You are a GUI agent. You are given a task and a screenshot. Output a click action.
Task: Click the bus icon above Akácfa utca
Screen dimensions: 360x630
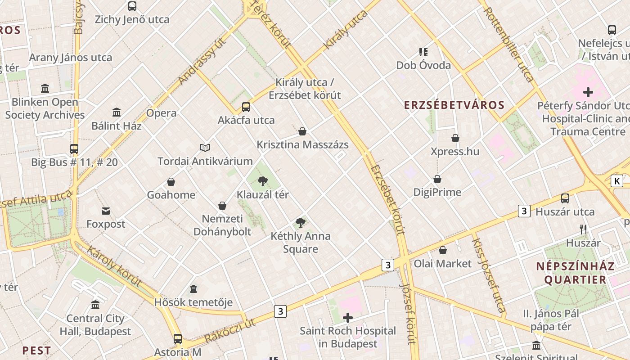click(x=246, y=107)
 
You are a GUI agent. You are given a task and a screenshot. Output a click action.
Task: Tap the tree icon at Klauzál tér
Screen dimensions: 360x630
click(x=263, y=181)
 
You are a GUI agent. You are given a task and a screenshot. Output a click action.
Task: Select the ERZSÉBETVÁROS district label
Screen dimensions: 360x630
click(x=454, y=105)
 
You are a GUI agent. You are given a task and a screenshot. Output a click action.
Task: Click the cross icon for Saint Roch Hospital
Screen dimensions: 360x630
click(x=347, y=318)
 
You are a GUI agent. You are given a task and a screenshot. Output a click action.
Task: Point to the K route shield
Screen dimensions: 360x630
click(x=616, y=181)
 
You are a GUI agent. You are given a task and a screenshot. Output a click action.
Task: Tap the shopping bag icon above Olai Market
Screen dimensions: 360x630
click(x=443, y=250)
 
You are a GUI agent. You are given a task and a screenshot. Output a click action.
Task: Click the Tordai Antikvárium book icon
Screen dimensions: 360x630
click(x=205, y=148)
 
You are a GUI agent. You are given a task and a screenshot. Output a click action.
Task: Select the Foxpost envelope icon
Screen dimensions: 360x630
click(x=106, y=211)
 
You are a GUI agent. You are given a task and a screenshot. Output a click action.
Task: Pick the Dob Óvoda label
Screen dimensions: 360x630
click(x=423, y=66)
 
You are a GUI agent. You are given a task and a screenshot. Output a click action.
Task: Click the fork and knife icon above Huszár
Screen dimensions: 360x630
click(x=583, y=229)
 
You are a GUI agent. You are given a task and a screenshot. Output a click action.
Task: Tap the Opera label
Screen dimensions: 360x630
click(x=162, y=113)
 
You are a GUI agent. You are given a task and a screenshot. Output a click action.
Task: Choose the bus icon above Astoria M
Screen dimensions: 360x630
click(x=178, y=338)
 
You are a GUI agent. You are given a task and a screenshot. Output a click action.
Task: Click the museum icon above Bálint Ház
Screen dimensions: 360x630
click(x=117, y=112)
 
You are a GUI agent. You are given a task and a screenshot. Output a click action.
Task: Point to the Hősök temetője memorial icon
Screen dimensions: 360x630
click(x=193, y=288)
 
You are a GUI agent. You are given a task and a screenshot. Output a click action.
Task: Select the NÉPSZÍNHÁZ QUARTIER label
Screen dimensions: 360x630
click(x=575, y=273)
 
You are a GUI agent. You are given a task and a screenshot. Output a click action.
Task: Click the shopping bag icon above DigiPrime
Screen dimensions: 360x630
click(x=437, y=179)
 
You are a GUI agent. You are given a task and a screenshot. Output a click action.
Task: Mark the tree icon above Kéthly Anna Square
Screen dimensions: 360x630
click(x=301, y=222)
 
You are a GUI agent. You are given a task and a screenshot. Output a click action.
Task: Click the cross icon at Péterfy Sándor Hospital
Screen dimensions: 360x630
click(x=588, y=93)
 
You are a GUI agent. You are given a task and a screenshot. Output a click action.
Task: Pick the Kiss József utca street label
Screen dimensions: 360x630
click(x=488, y=275)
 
